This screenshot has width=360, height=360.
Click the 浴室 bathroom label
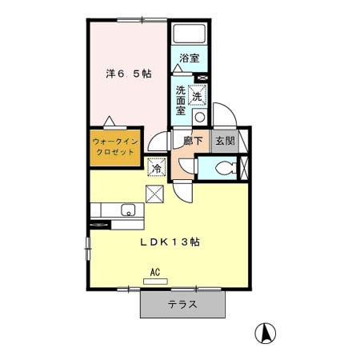(x=190, y=58)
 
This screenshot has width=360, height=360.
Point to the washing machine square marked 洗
(x=198, y=95)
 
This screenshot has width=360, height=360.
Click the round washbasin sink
(x=199, y=117)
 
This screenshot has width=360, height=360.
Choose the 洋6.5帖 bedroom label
(x=129, y=74)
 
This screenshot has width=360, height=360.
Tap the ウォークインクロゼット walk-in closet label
(x=115, y=147)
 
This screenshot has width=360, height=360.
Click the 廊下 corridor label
(x=193, y=141)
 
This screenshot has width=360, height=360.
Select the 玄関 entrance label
(x=226, y=141)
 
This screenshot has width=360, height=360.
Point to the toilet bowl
(x=226, y=168)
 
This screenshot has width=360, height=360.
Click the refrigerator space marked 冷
(x=157, y=167)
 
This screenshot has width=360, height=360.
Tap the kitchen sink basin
(x=128, y=210)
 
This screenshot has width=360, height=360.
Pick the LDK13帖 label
(x=170, y=242)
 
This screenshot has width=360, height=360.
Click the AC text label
(x=155, y=272)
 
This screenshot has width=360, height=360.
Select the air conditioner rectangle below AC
(x=155, y=282)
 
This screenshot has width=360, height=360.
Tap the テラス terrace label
(x=182, y=304)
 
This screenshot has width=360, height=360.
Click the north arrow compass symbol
(x=266, y=333)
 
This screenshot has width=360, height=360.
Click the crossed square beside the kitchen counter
(x=154, y=194)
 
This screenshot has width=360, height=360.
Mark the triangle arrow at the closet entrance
(x=109, y=121)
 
